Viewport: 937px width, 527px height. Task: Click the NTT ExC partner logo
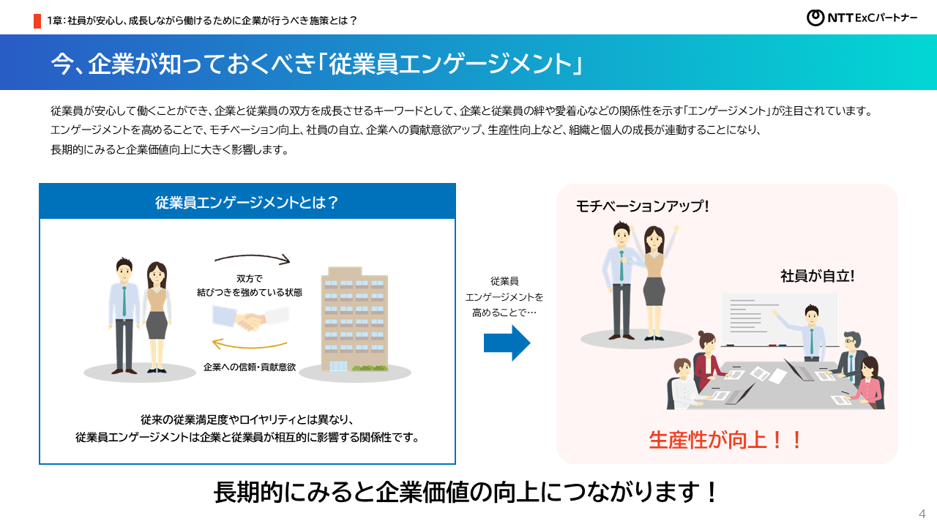coord(862,18)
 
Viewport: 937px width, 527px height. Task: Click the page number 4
coord(922,512)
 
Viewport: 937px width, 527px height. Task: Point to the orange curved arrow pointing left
coord(248,345)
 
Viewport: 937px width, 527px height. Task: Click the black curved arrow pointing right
coord(253,258)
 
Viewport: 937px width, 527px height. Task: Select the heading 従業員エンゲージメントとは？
coord(247,202)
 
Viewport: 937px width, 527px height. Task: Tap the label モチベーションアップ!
coord(643,206)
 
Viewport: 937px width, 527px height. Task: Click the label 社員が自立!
coord(818,277)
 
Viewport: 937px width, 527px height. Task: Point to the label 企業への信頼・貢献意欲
coord(249,367)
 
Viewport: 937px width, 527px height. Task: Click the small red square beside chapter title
coord(37,20)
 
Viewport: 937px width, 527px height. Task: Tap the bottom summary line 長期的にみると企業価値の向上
coord(466,492)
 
